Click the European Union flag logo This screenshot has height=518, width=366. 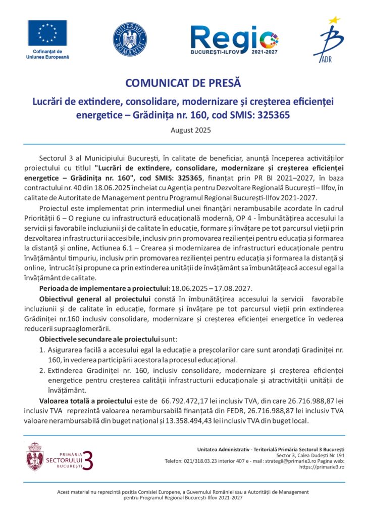pos(47,34)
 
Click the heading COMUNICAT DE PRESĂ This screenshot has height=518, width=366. pos(183,83)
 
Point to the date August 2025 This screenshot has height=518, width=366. pos(183,130)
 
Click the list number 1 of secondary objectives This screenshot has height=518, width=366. pos(42,350)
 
